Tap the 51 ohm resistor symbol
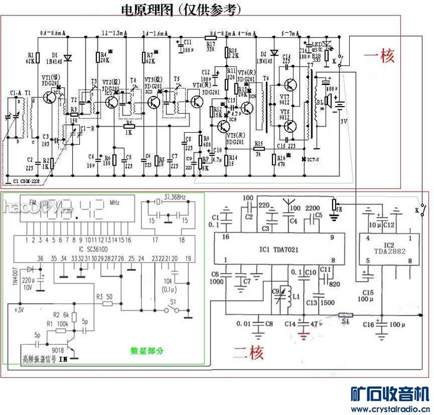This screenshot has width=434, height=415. click(345, 314)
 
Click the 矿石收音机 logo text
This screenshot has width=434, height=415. click(391, 393)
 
